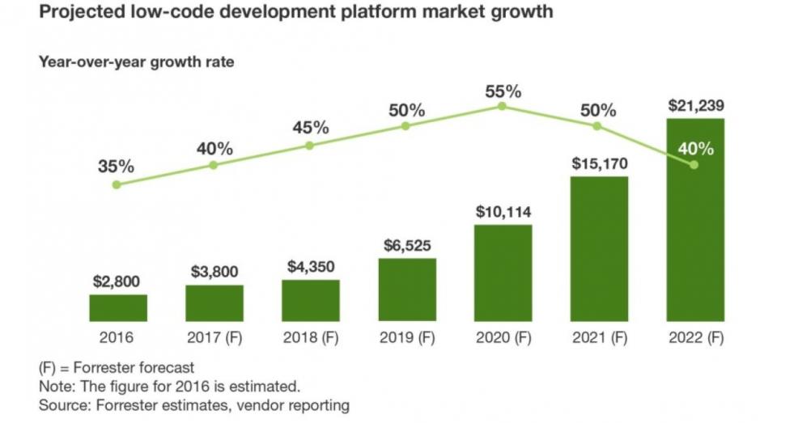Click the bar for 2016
click(118, 307)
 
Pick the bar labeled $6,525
click(407, 290)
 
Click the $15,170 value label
click(599, 164)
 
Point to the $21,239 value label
click(695, 105)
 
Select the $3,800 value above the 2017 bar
click(214, 273)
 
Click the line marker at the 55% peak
click(502, 106)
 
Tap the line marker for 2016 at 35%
click(117, 184)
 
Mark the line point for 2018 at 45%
click(309, 146)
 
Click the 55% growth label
click(503, 91)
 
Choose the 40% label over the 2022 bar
click(696, 149)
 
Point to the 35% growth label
click(117, 167)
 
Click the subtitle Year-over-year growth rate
click(136, 62)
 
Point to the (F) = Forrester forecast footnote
click(117, 368)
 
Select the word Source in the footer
click(62, 404)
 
